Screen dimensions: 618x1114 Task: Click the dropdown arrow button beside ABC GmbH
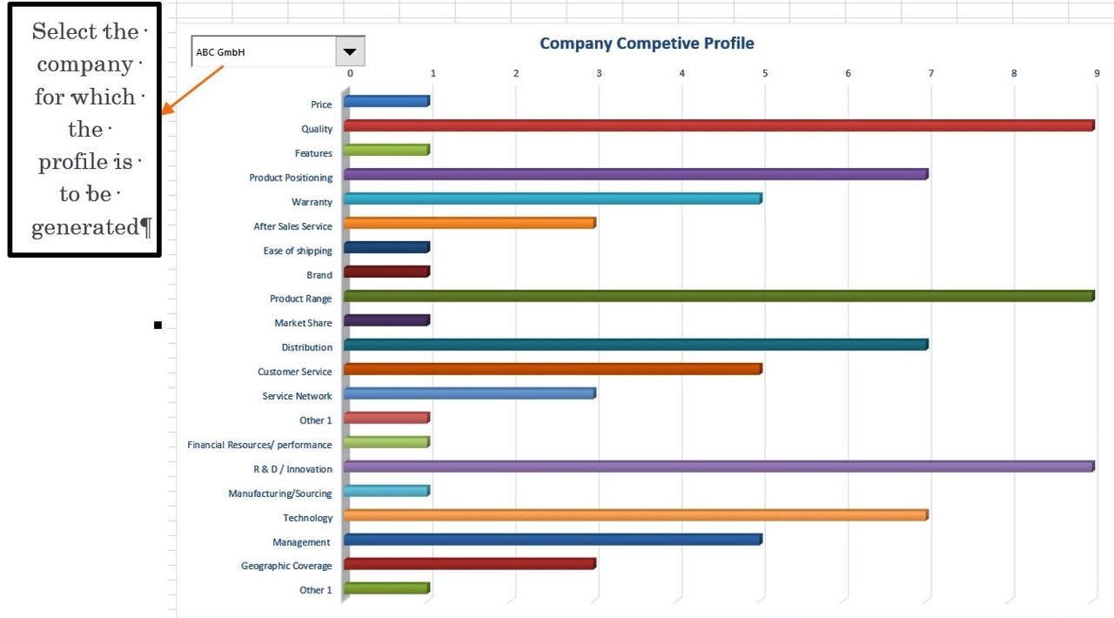tap(350, 51)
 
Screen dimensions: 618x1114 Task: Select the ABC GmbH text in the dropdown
tap(221, 52)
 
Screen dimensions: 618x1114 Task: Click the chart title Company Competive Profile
tap(647, 44)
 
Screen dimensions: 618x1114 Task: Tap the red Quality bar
tap(718, 125)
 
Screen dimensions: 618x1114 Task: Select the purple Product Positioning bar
tap(635, 174)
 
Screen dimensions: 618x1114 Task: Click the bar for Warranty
tap(553, 198)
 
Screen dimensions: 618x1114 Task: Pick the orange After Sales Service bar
tap(469, 223)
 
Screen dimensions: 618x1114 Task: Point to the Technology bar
tap(635, 515)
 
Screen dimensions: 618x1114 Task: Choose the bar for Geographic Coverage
tap(469, 563)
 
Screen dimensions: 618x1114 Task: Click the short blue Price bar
tap(386, 101)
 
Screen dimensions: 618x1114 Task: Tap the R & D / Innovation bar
tap(718, 467)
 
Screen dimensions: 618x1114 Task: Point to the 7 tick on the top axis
tap(930, 73)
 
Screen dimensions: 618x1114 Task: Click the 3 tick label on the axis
tap(599, 73)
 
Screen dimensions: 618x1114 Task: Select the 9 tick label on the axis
tap(1097, 73)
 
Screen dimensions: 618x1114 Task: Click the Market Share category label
tap(303, 323)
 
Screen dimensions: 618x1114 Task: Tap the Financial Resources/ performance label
tap(259, 445)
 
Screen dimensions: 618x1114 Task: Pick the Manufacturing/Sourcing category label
tap(280, 494)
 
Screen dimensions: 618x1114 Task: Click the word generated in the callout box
tap(85, 228)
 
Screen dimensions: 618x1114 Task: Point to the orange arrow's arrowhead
tap(168, 111)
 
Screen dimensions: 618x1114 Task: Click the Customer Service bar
tap(553, 369)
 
